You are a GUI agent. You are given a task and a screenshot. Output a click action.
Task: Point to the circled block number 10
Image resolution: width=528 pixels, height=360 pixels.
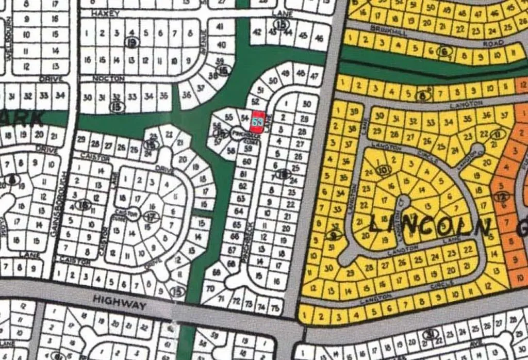(382, 169)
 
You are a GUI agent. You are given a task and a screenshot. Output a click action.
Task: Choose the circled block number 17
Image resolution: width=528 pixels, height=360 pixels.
(151, 217)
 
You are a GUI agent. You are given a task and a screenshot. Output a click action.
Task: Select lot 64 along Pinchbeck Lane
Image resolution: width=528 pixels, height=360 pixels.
(238, 211)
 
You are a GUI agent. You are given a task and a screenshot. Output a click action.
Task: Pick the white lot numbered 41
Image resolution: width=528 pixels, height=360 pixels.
(220, 27)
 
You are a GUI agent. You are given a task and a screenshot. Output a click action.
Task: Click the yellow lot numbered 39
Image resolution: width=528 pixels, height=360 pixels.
(354, 112)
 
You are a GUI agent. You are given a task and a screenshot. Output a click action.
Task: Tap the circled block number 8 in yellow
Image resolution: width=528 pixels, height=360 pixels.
(424, 95)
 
